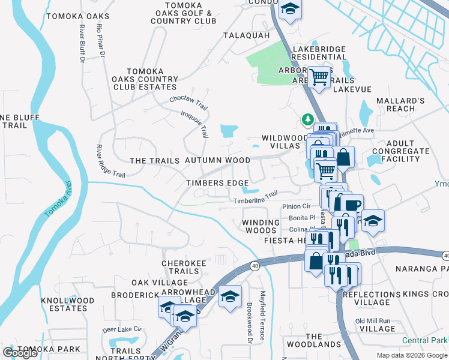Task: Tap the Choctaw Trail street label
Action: pos(188,103)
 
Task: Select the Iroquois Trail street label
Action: pos(194,123)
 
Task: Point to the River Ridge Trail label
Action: pos(111,161)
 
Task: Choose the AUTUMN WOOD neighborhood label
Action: pos(217,160)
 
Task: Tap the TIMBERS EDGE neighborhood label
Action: pos(217,183)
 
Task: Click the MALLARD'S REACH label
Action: pos(397,104)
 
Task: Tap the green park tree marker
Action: pos(308,120)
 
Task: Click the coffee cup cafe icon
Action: pos(353,204)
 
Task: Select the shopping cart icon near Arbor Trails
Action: pos(320,77)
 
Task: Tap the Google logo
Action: pos(20,353)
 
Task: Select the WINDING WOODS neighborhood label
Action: pos(261,226)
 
